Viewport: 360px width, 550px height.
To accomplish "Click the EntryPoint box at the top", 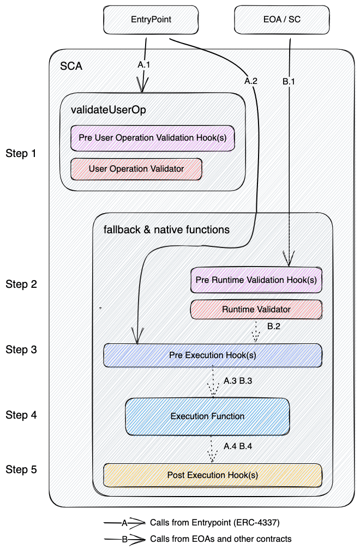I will coord(151,19).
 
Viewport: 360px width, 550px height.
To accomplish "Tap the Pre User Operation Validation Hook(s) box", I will coord(152,138).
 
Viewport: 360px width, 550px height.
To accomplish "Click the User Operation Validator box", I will coord(136,169).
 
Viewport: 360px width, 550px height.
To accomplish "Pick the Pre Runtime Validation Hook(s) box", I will coord(256,280).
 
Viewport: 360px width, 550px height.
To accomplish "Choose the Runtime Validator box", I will coord(256,309).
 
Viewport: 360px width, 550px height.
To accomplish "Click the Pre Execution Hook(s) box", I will coord(212,355).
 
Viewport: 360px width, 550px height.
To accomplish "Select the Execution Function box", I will coord(207,416).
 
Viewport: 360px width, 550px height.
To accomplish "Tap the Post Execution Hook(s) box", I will coord(212,475).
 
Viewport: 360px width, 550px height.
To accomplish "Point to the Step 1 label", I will coord(21,153).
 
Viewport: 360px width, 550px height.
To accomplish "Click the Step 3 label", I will coord(21,349).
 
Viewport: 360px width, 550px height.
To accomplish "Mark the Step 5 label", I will coord(21,469).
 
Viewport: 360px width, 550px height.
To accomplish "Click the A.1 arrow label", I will coord(144,64).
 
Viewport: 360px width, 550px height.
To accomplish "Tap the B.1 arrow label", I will coord(289,81).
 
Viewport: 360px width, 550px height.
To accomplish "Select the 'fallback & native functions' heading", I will coord(166,229).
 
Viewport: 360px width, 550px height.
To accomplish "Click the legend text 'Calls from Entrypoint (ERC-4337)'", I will coord(214,522).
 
